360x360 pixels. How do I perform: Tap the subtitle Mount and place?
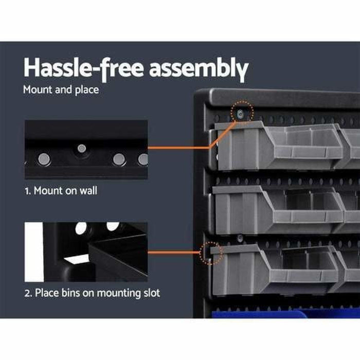coord(61,89)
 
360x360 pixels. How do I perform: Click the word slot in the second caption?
coord(149,293)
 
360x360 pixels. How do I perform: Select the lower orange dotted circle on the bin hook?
coord(212,253)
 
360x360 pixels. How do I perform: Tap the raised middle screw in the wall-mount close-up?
coord(82,149)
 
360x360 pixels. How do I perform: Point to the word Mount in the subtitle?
coord(37,89)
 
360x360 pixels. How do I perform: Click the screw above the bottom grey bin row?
coord(240,238)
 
